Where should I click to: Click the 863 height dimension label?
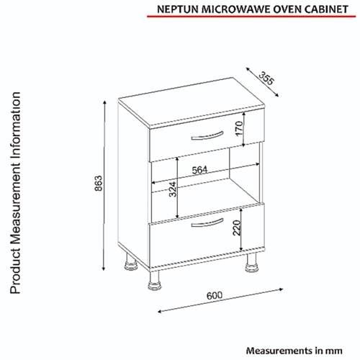point(99,184)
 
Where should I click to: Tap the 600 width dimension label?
point(215,295)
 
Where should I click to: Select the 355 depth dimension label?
point(266,78)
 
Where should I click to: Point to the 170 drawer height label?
point(239,129)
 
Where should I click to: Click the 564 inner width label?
point(199,170)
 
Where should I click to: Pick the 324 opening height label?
point(173,189)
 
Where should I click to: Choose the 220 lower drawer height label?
point(237,228)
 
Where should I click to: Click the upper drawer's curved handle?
point(207,136)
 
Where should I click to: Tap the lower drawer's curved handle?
point(207,223)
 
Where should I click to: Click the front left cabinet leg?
point(154,280)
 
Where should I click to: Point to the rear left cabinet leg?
point(130,262)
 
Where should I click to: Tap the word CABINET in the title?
point(327,9)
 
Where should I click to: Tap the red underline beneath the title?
point(251,17)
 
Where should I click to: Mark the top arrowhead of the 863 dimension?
point(104,102)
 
